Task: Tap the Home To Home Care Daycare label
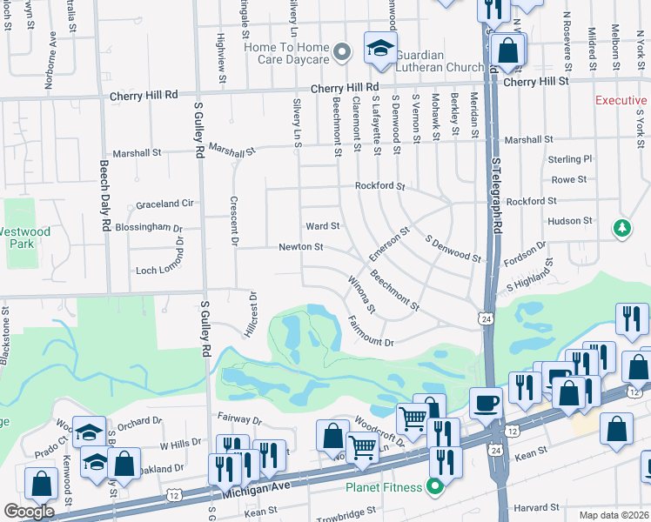(x=287, y=53)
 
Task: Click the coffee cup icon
(x=487, y=403)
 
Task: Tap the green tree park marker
(x=621, y=228)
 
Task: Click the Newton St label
(x=300, y=247)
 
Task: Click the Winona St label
(x=361, y=294)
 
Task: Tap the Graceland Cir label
(x=164, y=204)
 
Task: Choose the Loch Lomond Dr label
(x=158, y=271)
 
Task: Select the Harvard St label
(x=535, y=507)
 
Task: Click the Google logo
(x=29, y=512)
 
